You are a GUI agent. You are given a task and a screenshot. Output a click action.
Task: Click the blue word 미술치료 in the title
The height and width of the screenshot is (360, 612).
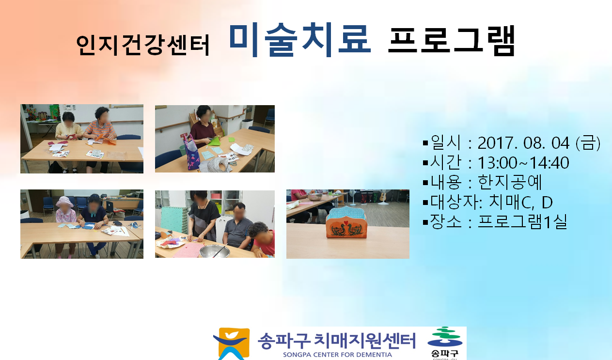300,40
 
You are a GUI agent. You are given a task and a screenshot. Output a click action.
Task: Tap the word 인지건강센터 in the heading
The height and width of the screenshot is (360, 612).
143,46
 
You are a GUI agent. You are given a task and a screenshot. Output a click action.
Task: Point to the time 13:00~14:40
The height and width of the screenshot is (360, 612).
523,163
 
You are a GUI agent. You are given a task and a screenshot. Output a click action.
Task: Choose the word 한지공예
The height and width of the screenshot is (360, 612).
510,182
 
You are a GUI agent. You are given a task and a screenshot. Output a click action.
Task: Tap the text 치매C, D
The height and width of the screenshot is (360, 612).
520,202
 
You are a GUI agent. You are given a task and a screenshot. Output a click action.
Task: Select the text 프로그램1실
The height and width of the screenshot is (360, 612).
522,221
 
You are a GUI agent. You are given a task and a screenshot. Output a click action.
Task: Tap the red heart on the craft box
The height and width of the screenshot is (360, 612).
346,222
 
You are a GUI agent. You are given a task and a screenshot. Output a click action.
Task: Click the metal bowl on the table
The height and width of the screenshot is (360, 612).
214,251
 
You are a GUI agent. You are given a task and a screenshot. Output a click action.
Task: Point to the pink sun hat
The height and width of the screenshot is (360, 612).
64,202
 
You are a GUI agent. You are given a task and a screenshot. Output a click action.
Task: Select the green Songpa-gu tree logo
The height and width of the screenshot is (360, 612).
445,337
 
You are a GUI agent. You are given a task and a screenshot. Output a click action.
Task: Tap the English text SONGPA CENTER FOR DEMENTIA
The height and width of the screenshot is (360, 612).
337,355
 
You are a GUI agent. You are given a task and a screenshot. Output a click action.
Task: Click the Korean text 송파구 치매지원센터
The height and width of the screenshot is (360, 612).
337,341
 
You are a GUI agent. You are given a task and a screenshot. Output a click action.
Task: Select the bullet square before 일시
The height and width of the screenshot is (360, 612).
425,143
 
